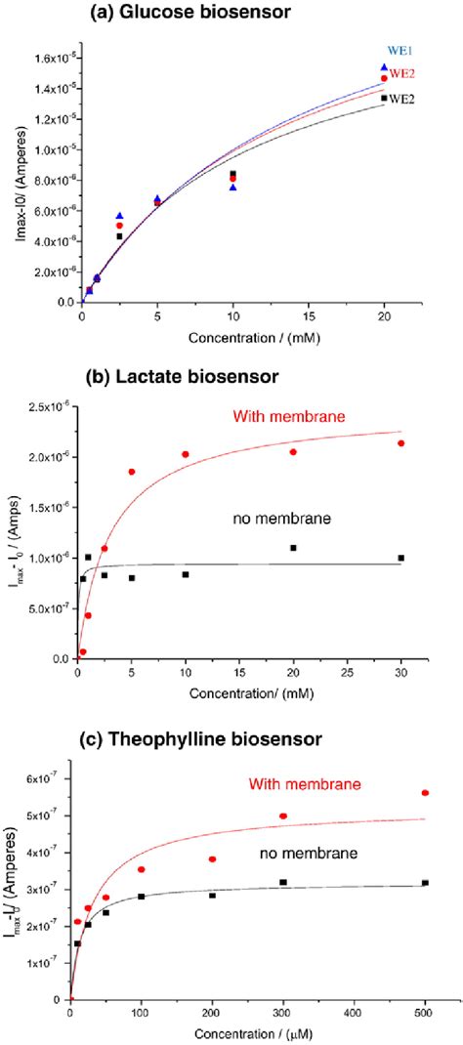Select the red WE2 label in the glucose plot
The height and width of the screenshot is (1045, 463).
coord(403,72)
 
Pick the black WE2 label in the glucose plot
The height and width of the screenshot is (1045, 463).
coord(403,99)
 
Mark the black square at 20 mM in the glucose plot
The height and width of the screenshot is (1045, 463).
coord(384,98)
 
